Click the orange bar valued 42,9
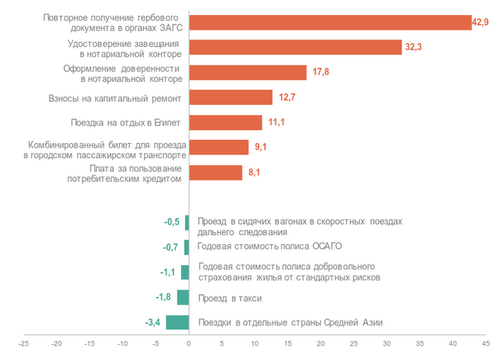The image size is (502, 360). pyautogui.click(x=330, y=22)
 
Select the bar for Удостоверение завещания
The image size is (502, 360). pyautogui.click(x=295, y=47)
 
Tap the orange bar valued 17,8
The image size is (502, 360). pyautogui.click(x=248, y=72)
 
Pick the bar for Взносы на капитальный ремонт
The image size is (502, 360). pyautogui.click(x=230, y=98)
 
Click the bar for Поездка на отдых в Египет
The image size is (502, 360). pyautogui.click(x=226, y=122)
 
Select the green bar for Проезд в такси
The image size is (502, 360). pyautogui.click(x=183, y=297)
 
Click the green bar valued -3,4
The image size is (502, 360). pyautogui.click(x=178, y=322)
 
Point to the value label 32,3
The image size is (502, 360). pyautogui.click(x=415, y=48)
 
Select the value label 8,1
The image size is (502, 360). pyautogui.click(x=254, y=172)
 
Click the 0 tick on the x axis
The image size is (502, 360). pyautogui.click(x=189, y=343)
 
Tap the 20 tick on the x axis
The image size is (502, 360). pyautogui.click(x=321, y=343)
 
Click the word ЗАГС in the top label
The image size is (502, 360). pyautogui.click(x=167, y=28)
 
